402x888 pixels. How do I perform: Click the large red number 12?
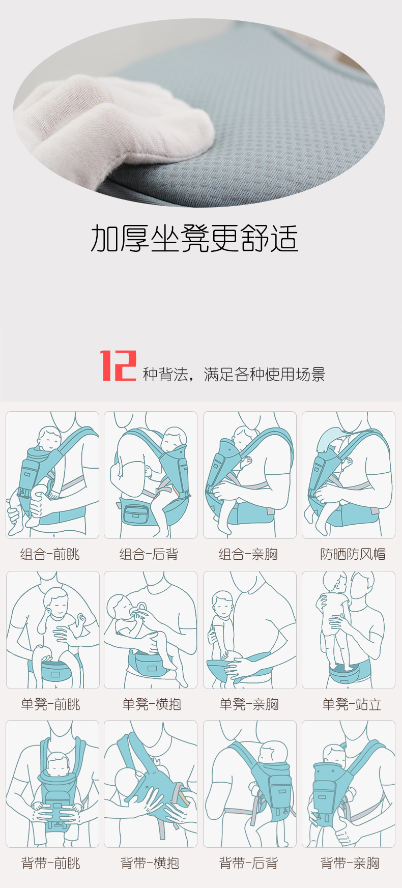click(x=118, y=365)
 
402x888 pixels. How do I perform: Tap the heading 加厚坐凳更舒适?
click(x=194, y=238)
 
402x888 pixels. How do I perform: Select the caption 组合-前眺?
click(x=50, y=554)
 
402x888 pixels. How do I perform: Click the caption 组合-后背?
click(x=149, y=554)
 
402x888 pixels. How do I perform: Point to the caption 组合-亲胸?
click(x=248, y=554)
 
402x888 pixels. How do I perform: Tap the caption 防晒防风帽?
click(x=353, y=554)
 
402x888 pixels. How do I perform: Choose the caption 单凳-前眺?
click(x=50, y=704)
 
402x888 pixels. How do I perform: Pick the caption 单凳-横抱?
click(x=152, y=704)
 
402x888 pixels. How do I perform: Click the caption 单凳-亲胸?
click(x=249, y=704)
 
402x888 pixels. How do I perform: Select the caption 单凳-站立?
click(x=352, y=704)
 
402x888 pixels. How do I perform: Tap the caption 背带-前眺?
click(x=50, y=863)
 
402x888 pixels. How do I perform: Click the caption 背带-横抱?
click(x=150, y=863)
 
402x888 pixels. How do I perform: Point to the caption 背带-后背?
click(x=248, y=863)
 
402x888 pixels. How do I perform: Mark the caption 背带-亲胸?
click(x=350, y=863)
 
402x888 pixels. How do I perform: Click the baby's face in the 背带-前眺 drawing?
click(x=58, y=763)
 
